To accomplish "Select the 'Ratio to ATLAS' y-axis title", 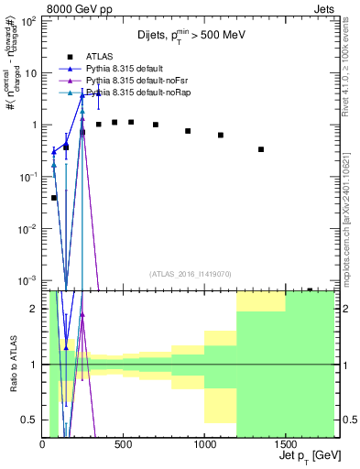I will click(x=13, y=365).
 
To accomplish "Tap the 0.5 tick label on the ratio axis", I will click(x=29, y=420).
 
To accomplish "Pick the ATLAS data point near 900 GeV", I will click(x=188, y=131).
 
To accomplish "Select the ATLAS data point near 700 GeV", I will click(x=156, y=125).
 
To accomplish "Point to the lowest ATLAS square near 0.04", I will click(x=54, y=197).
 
